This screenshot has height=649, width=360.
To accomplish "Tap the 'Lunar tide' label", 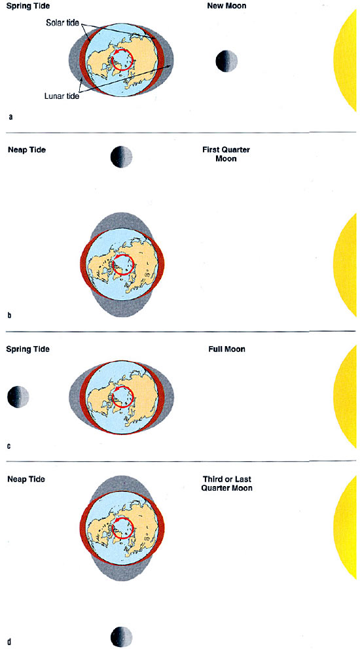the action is (62, 96).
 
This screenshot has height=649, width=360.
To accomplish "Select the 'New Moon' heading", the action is (226, 6).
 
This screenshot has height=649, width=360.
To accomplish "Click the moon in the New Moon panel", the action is (226, 61).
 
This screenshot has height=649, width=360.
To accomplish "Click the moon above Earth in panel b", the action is (121, 157).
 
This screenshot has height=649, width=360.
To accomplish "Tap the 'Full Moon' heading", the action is (226, 349).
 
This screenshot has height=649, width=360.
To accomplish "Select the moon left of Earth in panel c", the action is (18, 396).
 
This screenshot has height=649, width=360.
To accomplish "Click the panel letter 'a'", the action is (10, 117).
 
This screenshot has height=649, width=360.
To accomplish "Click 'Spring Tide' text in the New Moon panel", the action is (27, 7).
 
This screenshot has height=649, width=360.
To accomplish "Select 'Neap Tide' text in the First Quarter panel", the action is (27, 150).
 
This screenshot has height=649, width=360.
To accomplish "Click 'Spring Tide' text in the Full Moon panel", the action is (27, 349).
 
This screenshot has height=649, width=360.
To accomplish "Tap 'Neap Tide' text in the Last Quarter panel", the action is (26, 480).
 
